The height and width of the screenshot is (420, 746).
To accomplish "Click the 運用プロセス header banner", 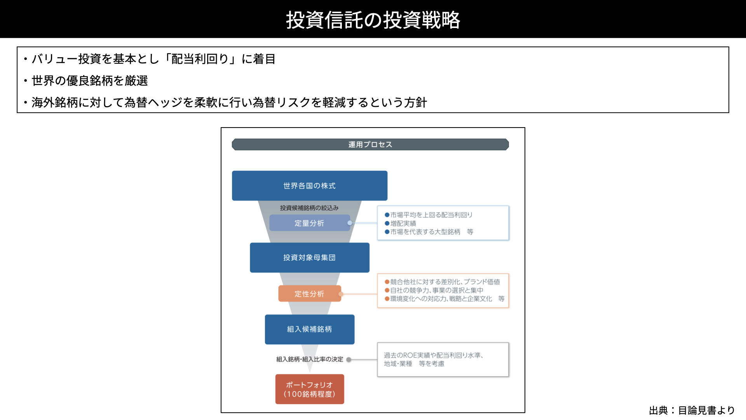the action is coord(370,144).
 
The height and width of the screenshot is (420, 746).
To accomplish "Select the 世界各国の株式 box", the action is coord(310,185).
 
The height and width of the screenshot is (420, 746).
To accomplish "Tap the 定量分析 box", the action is coord(310,223).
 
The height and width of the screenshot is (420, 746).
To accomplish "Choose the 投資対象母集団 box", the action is coord(310,257).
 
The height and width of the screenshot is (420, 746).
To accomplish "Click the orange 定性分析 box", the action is coord(310,294).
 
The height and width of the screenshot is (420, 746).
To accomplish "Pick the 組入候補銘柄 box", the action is coord(310,329).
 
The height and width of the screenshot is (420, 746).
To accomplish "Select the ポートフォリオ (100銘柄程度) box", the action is coord(310,389).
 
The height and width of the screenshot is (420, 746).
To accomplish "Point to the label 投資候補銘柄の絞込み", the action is coord(309,208).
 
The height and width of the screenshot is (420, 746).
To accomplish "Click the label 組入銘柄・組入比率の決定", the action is coord(310,359).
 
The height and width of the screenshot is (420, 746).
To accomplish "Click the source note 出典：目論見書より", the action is coord(692,410).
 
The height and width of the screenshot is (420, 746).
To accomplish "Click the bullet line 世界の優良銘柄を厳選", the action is coord(90,80).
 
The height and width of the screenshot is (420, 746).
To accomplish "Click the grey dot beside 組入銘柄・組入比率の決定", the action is coord(349,360).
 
